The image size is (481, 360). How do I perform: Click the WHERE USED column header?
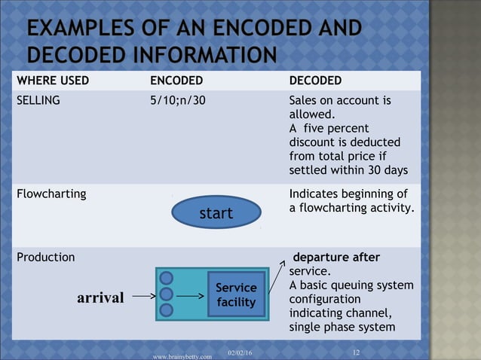coord(53,81)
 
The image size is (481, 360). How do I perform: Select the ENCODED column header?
coord(176,81)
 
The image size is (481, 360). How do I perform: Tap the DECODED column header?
coord(315,81)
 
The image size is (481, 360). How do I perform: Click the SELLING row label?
coord(38,100)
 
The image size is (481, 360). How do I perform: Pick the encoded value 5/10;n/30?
coord(178,100)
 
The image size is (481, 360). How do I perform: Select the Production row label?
coord(46,257)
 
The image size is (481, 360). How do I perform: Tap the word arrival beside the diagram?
coord(100,297)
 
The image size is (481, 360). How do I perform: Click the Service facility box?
coord(237,295)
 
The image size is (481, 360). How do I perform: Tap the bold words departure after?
coord(336,258)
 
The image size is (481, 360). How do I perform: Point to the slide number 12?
coord(357,351)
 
